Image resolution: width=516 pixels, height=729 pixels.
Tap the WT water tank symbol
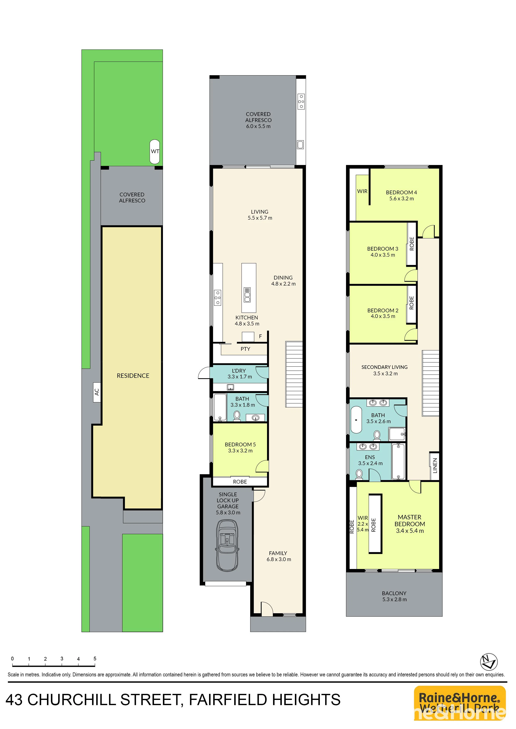[x=155, y=151]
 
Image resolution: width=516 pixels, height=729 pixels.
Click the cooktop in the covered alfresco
[x=301, y=101]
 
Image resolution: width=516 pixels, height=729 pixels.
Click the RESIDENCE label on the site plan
[x=133, y=376]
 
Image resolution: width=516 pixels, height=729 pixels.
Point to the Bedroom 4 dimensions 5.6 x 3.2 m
[x=402, y=199]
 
